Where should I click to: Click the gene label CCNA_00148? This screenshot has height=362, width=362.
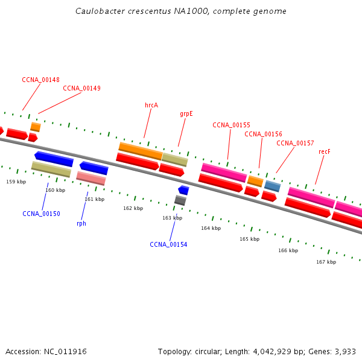(x=40, y=80)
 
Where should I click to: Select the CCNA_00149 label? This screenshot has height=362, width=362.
(x=81, y=88)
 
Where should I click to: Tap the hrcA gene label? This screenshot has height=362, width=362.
(x=151, y=105)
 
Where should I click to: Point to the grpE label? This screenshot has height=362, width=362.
(x=186, y=113)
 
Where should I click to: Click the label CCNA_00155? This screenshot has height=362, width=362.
(x=231, y=125)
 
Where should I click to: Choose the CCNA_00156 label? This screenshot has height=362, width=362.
(x=263, y=134)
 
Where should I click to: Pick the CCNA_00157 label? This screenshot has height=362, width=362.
(x=295, y=143)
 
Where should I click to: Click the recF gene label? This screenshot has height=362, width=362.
(x=325, y=151)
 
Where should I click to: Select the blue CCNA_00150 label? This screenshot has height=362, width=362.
(x=41, y=214)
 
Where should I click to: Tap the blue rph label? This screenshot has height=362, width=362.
(x=81, y=223)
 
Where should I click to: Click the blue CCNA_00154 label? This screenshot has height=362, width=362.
(x=168, y=244)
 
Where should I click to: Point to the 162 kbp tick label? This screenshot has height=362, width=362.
(x=133, y=208)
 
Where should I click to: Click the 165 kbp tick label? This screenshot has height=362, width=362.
(x=249, y=239)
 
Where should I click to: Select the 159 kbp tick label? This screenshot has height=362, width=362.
(x=16, y=182)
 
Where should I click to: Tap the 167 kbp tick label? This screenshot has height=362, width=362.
(x=326, y=262)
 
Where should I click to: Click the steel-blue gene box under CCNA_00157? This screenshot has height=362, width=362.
(x=272, y=186)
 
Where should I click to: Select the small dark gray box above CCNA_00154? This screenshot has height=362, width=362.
(x=180, y=200)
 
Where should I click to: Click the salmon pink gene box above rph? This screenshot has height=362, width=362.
(x=91, y=178)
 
